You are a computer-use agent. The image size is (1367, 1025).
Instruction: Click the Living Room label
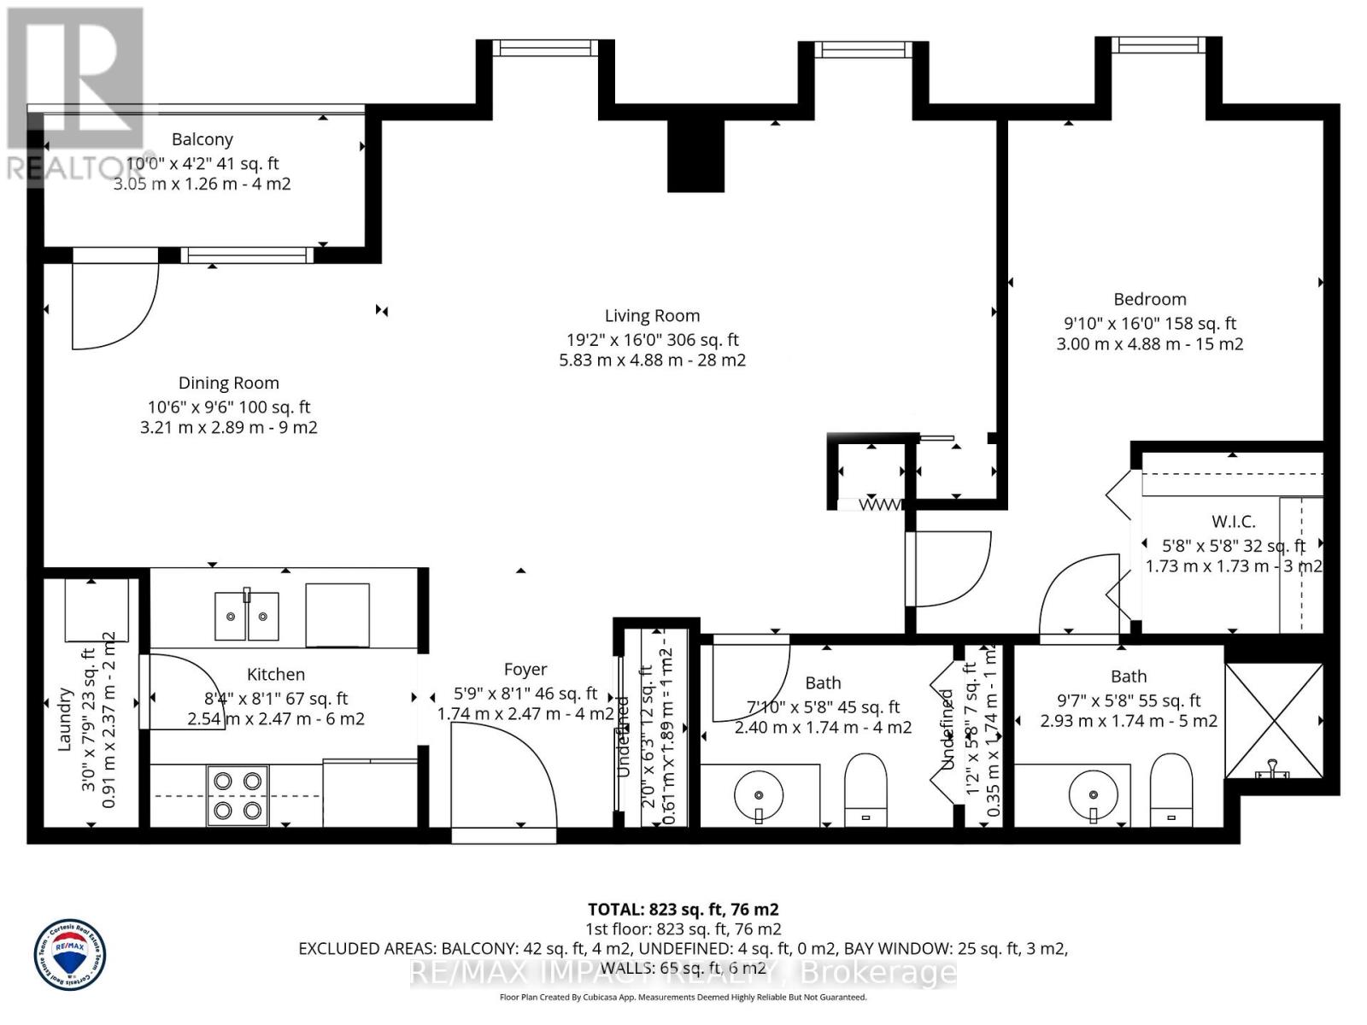[x=652, y=316]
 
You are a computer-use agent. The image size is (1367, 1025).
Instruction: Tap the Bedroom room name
[x=1149, y=300]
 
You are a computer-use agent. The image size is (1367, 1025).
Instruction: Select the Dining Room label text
[x=228, y=384]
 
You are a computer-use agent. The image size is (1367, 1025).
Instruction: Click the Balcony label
[x=202, y=139]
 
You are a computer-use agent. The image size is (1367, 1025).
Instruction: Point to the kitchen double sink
[x=246, y=615]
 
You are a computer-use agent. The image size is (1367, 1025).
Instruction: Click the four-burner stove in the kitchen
[x=238, y=795]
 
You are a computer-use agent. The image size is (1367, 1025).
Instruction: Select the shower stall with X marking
[x=1273, y=721]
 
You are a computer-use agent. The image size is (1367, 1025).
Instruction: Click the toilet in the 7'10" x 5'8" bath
[x=865, y=788]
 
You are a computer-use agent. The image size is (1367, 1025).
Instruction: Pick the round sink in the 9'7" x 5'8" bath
[x=1094, y=794]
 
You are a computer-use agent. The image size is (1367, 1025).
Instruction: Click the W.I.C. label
[x=1233, y=522]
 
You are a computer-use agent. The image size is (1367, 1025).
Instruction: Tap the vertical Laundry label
[x=64, y=719]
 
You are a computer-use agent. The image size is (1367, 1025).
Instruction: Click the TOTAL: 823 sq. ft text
[x=683, y=910]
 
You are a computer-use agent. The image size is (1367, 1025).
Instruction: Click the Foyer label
[x=525, y=671]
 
